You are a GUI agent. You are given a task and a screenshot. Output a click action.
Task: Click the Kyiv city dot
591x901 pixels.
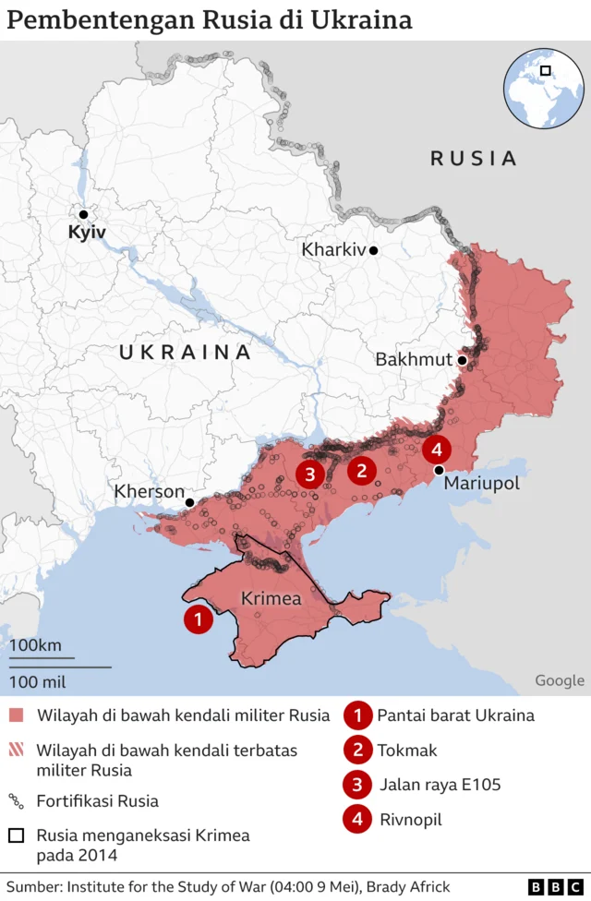(83, 214)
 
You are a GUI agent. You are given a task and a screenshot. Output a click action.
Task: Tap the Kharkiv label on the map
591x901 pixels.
(333, 250)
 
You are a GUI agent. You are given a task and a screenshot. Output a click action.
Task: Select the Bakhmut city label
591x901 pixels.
(414, 360)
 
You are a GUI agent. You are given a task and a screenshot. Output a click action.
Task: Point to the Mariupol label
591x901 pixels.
(481, 484)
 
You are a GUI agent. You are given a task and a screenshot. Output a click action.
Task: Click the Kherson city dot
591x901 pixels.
(189, 502)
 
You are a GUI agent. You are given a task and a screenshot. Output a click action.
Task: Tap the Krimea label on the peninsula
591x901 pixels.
(271, 599)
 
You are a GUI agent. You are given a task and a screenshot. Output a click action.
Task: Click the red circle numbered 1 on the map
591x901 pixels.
(198, 619)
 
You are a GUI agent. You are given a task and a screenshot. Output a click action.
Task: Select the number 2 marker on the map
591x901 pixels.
(361, 471)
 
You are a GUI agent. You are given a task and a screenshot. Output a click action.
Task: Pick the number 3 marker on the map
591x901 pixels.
(309, 475)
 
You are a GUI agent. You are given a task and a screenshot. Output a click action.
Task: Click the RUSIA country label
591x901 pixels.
(474, 159)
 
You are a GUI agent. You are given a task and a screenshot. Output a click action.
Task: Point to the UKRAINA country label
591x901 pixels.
(185, 353)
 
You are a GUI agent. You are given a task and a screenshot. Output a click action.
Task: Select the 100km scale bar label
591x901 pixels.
(36, 645)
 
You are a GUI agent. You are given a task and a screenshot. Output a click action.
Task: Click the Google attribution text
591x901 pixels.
(559, 680)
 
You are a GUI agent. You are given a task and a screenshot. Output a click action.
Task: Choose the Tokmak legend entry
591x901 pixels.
(407, 751)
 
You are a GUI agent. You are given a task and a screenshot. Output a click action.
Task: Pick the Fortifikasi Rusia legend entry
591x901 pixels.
(98, 801)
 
